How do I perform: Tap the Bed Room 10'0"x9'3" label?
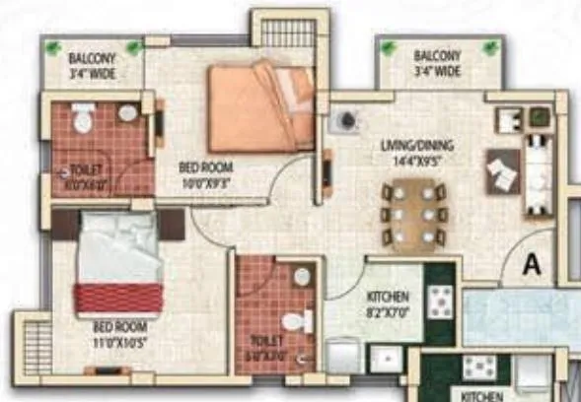(205, 174)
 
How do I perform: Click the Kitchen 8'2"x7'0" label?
(388, 301)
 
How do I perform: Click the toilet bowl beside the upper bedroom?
(82, 121)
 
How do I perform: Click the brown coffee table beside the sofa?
(502, 174)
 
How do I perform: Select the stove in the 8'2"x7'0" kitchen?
(437, 299)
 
